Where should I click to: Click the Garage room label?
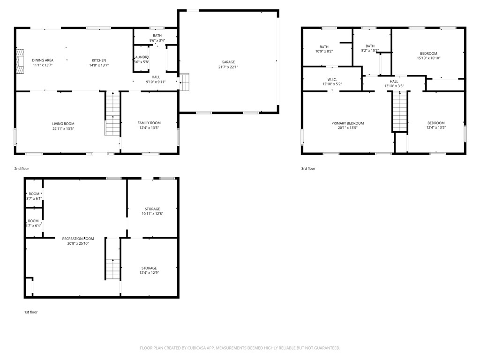228,62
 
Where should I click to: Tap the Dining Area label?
43,60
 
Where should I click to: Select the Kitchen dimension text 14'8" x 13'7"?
99,66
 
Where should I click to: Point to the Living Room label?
63,124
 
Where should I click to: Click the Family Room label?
149,123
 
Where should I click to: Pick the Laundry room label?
141,57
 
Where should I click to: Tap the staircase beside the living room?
112,114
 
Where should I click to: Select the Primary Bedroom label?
347,123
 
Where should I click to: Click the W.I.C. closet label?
332,80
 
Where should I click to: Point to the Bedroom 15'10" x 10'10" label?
428,53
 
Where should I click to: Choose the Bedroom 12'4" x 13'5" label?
436,123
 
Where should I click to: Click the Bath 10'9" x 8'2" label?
324,47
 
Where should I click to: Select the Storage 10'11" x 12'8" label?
152,209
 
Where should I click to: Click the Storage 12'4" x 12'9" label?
149,268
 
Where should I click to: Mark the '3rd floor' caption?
308,168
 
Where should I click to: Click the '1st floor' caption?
31,312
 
